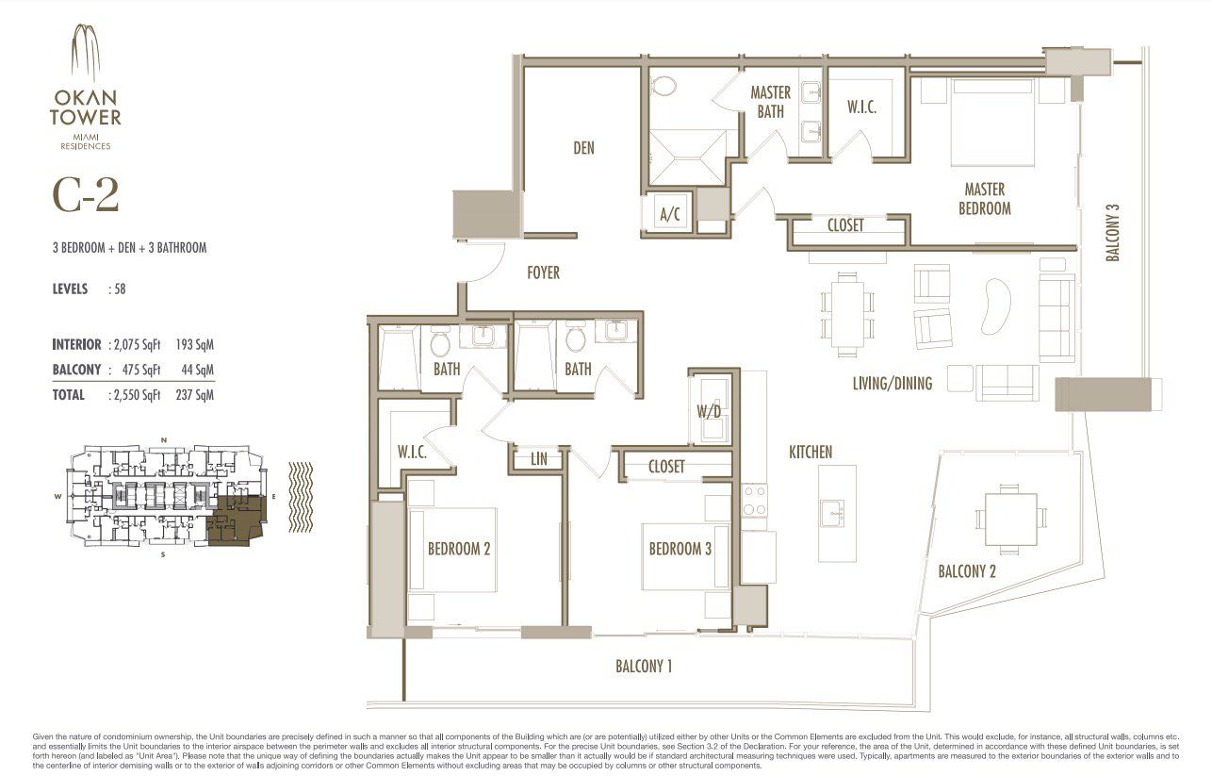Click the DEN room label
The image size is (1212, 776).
(583, 148)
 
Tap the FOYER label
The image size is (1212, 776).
(543, 272)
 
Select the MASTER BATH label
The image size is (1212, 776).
(770, 102)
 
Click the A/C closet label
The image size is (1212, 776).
(670, 215)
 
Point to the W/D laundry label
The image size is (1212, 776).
(709, 411)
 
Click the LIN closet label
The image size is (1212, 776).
(539, 459)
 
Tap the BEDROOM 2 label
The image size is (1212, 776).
(459, 549)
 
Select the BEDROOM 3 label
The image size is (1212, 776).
(680, 549)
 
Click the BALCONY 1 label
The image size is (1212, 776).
(644, 667)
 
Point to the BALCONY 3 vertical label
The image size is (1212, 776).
(1113, 233)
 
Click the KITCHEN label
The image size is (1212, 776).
(811, 453)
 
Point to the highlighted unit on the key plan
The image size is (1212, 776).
(237, 520)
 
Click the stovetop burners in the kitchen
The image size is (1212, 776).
(755, 500)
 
